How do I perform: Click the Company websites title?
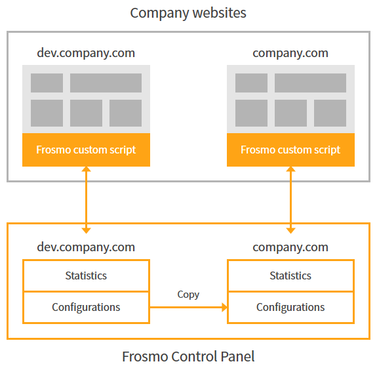(x=188, y=12)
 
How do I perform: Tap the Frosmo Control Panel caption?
(x=188, y=357)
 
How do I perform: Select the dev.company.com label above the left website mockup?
(x=86, y=53)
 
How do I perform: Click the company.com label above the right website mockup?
(x=290, y=53)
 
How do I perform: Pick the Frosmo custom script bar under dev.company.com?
(x=86, y=150)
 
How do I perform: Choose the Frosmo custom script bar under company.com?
(x=290, y=150)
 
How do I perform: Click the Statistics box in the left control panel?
(x=86, y=276)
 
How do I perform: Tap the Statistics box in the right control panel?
(x=290, y=276)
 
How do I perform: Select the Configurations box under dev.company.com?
(x=86, y=307)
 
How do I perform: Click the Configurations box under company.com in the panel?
(x=290, y=307)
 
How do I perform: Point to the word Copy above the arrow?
(x=188, y=295)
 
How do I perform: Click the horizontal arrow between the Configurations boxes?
(x=188, y=307)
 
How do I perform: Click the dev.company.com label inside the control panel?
(x=86, y=247)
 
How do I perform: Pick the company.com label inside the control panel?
(x=290, y=247)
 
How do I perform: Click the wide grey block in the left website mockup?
(x=106, y=83)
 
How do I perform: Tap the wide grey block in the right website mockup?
(x=310, y=83)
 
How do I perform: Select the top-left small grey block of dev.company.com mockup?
(x=47, y=83)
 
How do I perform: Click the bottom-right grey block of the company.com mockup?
(x=330, y=113)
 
